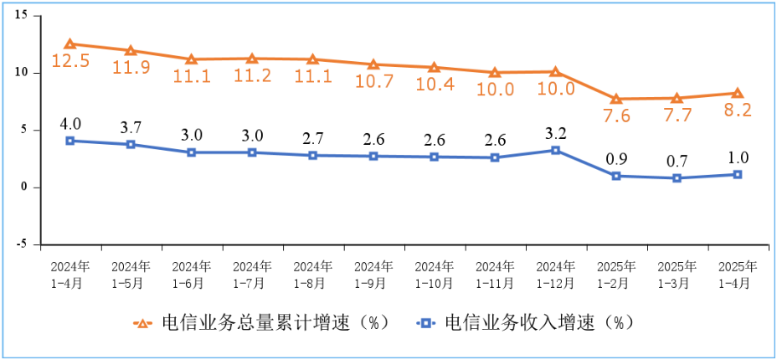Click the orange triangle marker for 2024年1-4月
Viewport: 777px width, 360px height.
70,44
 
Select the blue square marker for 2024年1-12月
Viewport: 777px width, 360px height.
555,150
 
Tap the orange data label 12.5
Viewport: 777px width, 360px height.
70,61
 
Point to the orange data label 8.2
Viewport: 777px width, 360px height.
737,110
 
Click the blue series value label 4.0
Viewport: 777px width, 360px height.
70,125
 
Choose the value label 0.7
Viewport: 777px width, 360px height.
677,160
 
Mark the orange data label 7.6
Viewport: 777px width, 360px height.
615,116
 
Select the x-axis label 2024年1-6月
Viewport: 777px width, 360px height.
192,275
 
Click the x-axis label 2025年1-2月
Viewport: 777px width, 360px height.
615,275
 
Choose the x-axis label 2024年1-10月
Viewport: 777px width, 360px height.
434,275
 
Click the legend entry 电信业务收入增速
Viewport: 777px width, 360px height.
527,323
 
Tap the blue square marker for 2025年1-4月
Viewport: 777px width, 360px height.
737,174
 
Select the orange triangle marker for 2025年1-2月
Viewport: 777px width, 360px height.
615,99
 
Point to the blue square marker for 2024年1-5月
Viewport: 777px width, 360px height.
131,144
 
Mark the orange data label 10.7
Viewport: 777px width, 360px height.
373,82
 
